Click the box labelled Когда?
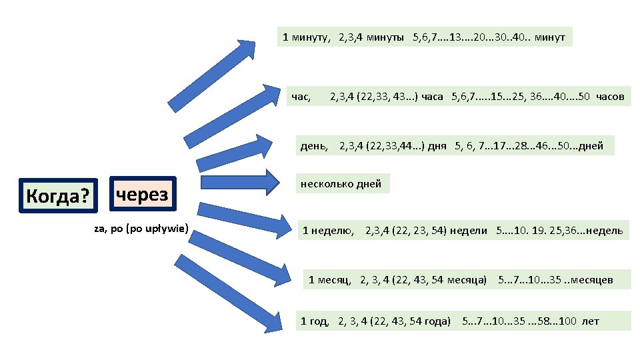(x=57, y=195)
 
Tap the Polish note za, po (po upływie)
(x=142, y=230)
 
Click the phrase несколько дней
(x=341, y=184)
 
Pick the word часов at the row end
(x=610, y=97)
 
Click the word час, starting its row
(x=301, y=97)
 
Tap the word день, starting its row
(x=314, y=146)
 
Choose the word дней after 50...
(x=591, y=146)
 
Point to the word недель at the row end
(x=604, y=231)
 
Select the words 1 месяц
(x=330, y=279)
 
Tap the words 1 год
(x=315, y=321)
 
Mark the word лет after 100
(x=591, y=321)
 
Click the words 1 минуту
(x=307, y=37)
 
